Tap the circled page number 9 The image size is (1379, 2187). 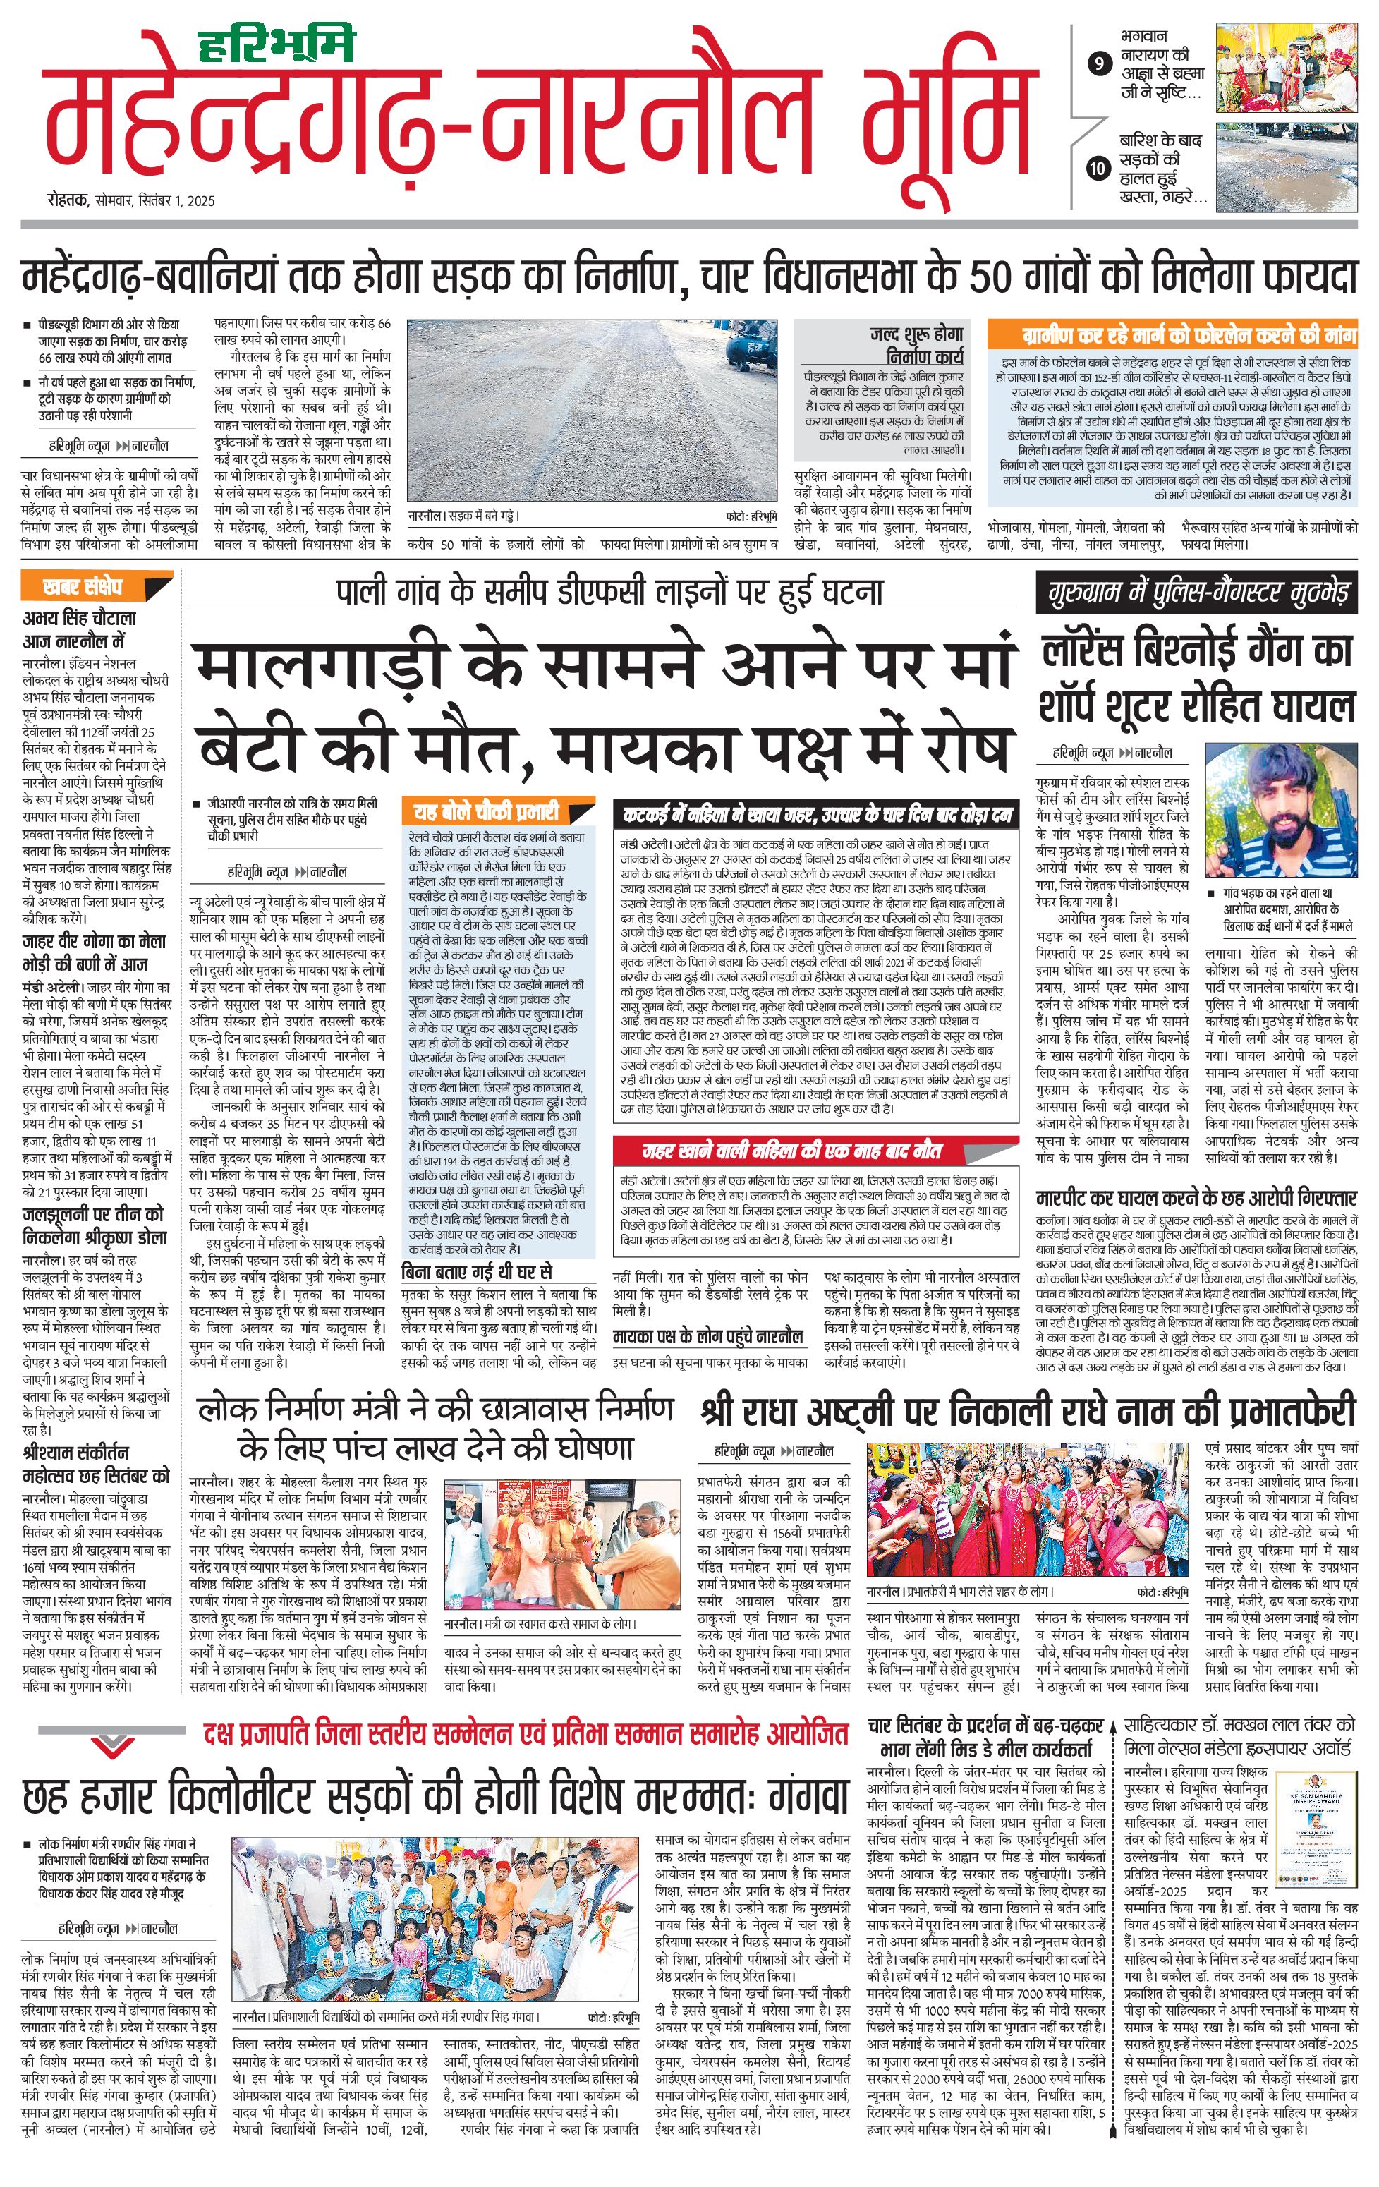pyautogui.click(x=1100, y=64)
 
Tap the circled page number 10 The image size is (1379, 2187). pyautogui.click(x=1100, y=168)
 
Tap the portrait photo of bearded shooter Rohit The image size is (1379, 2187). pyautogui.click(x=1280, y=809)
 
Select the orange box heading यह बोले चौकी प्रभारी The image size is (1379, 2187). pyautogui.click(x=486, y=811)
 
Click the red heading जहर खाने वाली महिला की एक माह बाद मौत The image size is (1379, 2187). pyautogui.click(x=791, y=1151)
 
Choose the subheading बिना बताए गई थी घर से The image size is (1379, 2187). pyautogui.click(x=478, y=1271)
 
